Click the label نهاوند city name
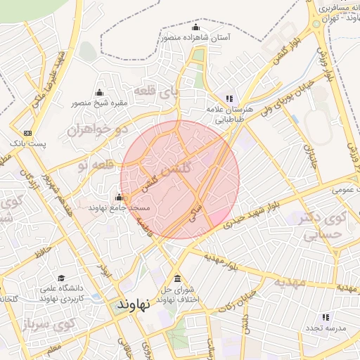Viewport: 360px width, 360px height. tap(130, 307)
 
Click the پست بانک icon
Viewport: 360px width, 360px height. tap(27, 133)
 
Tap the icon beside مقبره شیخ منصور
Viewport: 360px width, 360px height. tap(98, 93)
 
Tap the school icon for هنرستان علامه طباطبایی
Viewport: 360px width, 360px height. tap(229, 98)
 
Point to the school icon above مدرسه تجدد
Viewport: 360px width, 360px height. tap(326, 317)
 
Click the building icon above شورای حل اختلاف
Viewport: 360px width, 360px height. tap(176, 278)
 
